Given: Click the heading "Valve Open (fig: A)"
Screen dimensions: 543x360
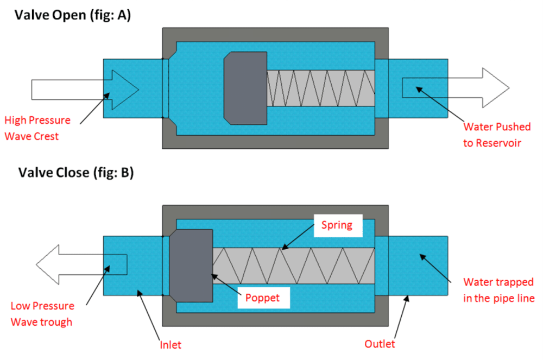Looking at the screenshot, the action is (x=73, y=16).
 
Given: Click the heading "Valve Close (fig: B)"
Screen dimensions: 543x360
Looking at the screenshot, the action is (x=76, y=173).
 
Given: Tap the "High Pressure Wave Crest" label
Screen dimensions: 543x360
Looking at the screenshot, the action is (x=37, y=128).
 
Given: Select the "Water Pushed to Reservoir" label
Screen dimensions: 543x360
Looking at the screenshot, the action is (x=497, y=135).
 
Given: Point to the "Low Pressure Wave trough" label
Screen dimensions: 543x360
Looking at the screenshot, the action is (x=42, y=314).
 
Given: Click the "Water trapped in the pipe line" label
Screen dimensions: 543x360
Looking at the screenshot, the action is (x=498, y=290).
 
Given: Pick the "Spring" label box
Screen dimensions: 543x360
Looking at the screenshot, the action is (x=338, y=225).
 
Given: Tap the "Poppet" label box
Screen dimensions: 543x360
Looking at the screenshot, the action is (x=263, y=298).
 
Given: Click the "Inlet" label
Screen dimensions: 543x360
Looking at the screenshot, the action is (x=171, y=345).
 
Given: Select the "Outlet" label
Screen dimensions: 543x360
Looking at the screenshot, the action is (x=380, y=344).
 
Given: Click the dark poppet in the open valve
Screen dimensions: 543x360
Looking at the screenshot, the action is (x=245, y=89).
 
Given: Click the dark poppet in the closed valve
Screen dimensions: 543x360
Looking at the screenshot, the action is (x=191, y=266).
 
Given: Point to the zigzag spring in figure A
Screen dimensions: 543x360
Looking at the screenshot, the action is (x=321, y=89).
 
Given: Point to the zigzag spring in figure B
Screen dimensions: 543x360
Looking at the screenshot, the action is (x=294, y=266).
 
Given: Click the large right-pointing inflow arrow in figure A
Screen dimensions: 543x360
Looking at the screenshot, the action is (x=85, y=90).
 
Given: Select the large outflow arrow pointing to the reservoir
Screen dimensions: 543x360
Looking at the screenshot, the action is (x=456, y=88).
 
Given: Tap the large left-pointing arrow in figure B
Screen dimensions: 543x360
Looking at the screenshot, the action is (x=82, y=265).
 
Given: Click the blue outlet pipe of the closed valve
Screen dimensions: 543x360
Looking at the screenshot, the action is (x=412, y=266).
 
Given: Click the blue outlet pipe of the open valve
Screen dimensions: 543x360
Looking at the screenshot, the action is (x=412, y=89).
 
